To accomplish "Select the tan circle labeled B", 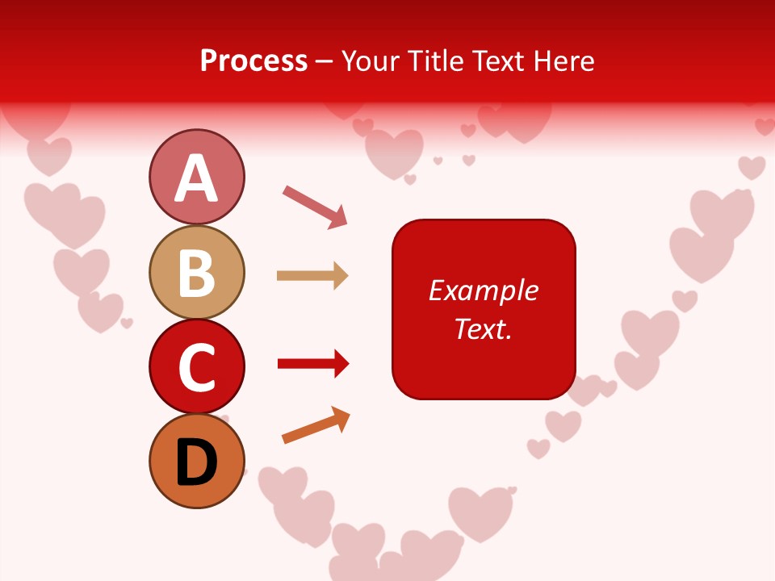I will [x=196, y=272].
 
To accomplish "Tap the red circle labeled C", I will [x=196, y=366].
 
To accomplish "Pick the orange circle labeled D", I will [x=196, y=461].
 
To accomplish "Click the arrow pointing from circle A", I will [x=315, y=206].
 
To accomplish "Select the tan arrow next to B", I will [x=312, y=276].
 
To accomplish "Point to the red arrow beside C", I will [x=312, y=364].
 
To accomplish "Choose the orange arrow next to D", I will [x=316, y=426].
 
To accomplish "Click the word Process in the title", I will [x=253, y=61].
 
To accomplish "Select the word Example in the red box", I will [x=483, y=290].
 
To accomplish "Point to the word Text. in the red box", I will [x=483, y=328].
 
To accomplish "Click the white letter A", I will [x=196, y=178].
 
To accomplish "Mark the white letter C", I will [x=196, y=369].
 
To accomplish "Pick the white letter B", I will [x=196, y=274].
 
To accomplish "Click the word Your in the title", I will [x=371, y=61].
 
